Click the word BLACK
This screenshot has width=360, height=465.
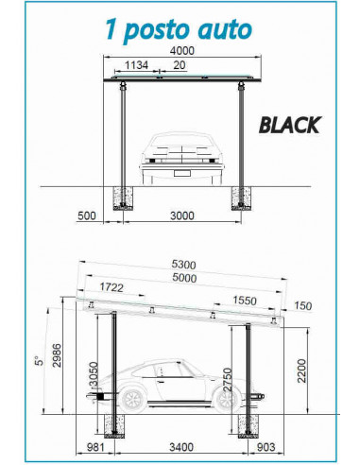point(290,124)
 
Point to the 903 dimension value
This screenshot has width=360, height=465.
point(267,447)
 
